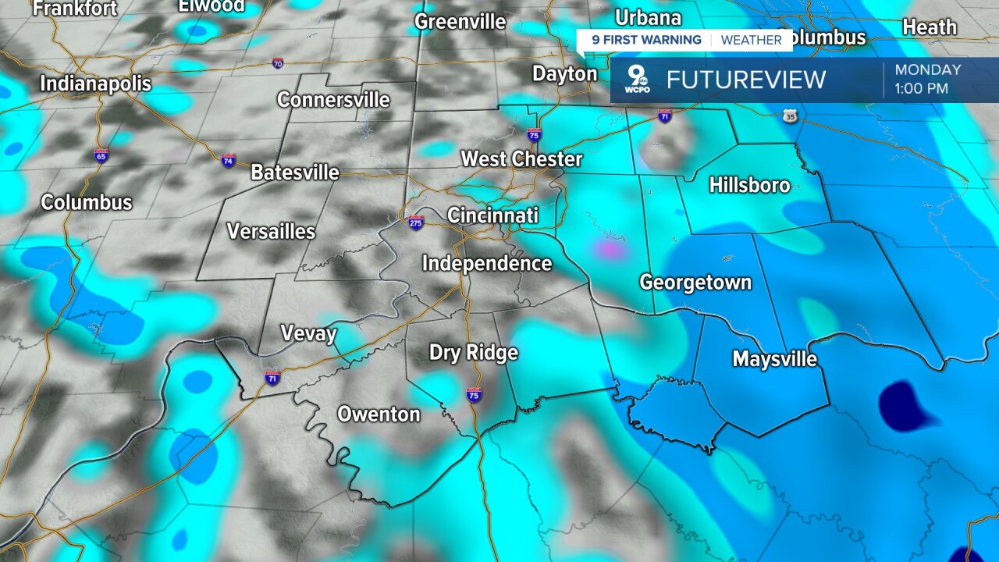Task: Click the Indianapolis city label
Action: click(96, 83)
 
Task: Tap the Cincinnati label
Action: click(492, 215)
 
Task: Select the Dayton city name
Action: click(564, 73)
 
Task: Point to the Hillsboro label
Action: click(749, 185)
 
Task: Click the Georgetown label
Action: click(695, 282)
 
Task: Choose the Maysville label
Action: click(774, 359)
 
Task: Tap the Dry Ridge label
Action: click(473, 353)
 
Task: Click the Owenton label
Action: click(379, 414)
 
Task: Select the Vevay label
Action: click(308, 334)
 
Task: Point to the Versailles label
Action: click(271, 231)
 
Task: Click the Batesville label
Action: click(294, 172)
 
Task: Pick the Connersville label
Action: click(332, 100)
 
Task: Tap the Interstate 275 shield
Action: click(416, 223)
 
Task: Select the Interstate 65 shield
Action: click(101, 155)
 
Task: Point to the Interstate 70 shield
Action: click(278, 63)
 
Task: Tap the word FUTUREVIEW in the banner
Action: click(745, 80)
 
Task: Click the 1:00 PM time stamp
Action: click(921, 89)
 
